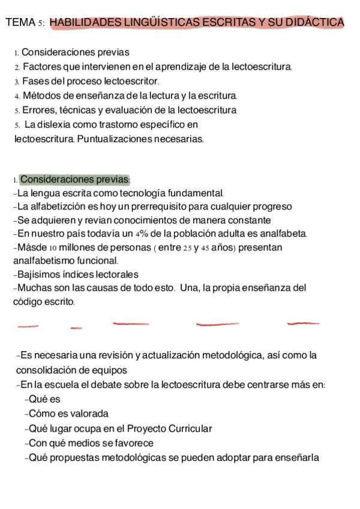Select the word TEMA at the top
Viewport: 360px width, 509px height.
[20, 23]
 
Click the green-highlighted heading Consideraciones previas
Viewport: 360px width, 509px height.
[74, 179]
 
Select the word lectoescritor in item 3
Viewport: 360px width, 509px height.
[131, 81]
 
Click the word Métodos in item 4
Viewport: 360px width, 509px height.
[40, 95]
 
